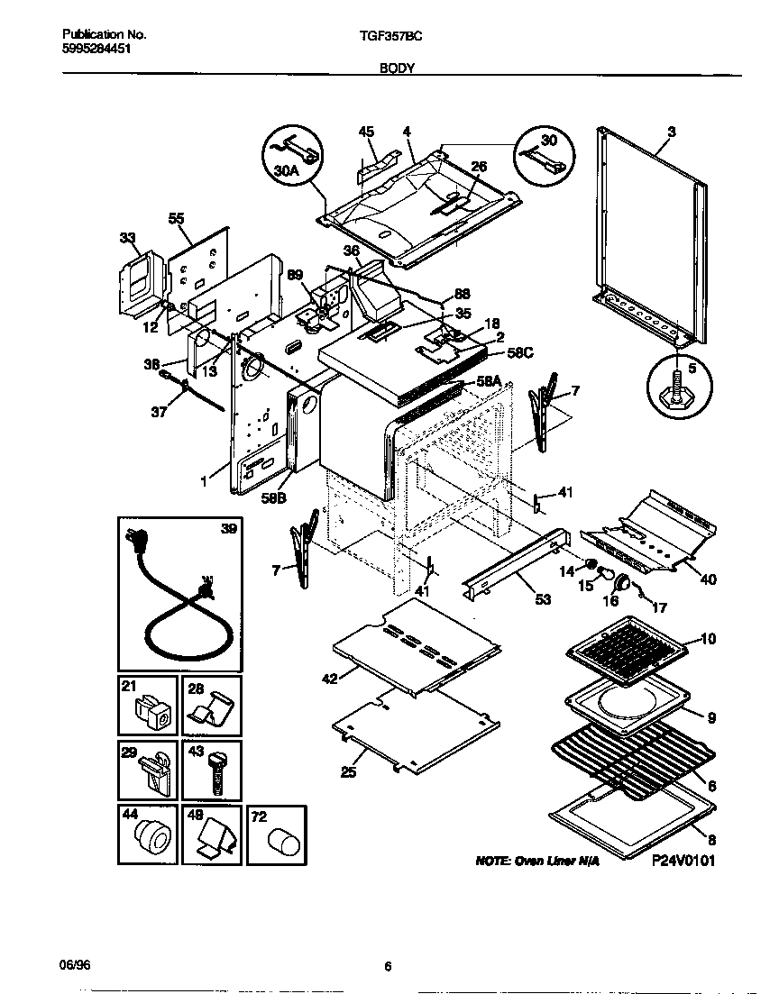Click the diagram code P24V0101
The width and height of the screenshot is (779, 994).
(683, 861)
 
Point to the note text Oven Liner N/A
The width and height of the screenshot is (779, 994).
(536, 862)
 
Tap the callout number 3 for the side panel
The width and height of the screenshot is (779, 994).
(671, 132)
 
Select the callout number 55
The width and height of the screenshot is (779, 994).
(176, 218)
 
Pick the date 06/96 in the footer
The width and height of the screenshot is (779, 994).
(76, 963)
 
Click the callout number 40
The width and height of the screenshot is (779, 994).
(708, 579)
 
